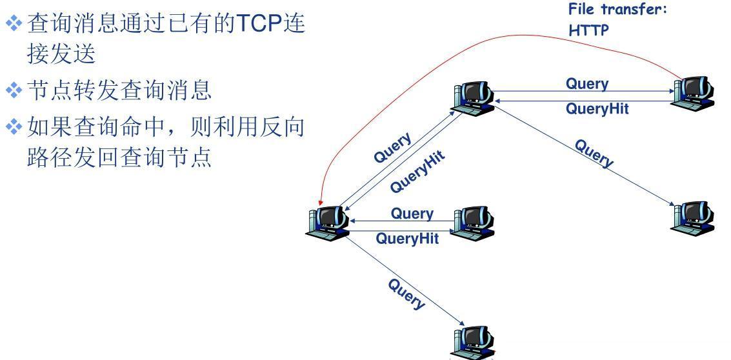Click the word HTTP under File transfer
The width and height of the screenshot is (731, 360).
point(588,30)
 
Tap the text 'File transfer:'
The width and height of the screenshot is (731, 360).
point(617,10)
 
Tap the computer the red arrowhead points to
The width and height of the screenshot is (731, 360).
point(326,223)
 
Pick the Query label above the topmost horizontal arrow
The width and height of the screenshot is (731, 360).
point(586,84)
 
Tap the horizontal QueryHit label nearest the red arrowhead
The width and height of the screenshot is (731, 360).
point(407,239)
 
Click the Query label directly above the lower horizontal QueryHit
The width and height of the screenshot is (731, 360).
point(412,213)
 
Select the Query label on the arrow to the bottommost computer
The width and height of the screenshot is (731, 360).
point(406,294)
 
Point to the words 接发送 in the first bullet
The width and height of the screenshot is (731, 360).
point(61,54)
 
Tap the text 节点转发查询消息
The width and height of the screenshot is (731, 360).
point(119,91)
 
